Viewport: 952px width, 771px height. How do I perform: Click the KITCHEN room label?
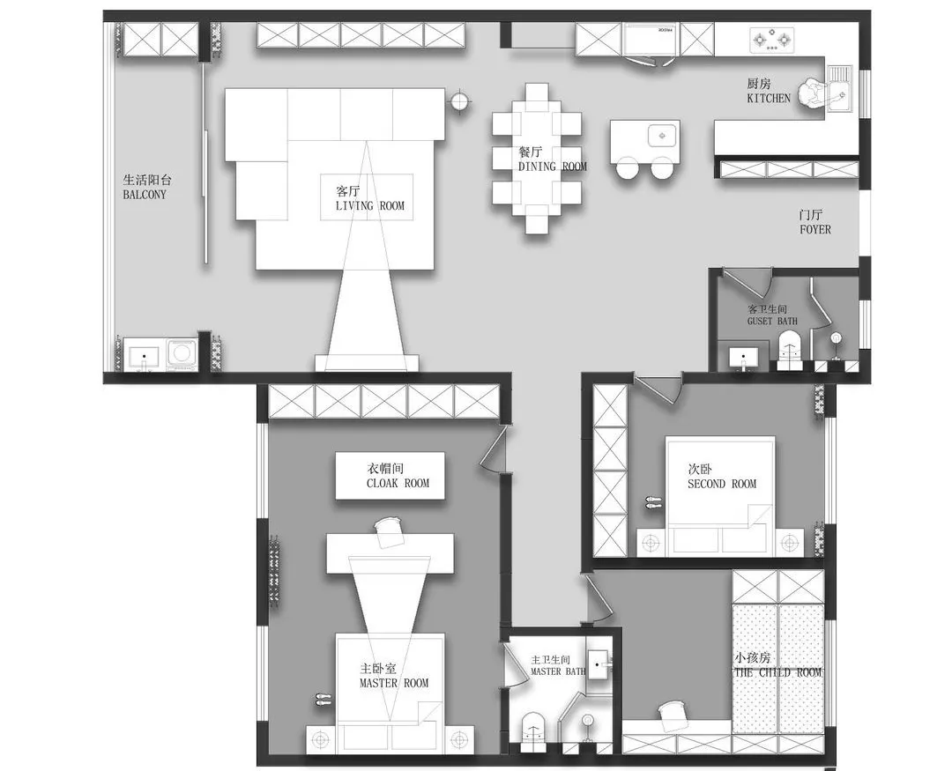tap(769, 98)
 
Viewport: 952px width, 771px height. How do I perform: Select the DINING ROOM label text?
tap(553, 167)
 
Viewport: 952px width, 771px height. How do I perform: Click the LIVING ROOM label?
tap(369, 206)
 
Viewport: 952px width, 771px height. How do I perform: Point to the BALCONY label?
tap(145, 195)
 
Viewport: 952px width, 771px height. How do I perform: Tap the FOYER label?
tap(815, 229)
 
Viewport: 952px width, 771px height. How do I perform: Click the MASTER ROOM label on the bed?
tap(394, 683)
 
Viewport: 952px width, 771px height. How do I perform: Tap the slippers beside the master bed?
tap(322, 699)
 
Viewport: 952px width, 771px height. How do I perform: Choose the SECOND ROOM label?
tap(722, 484)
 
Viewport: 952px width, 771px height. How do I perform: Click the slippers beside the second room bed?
tap(652, 502)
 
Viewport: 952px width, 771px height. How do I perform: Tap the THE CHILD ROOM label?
tap(777, 672)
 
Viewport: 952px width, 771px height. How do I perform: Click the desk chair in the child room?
tap(673, 715)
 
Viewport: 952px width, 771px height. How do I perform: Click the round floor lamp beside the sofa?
tap(459, 100)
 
